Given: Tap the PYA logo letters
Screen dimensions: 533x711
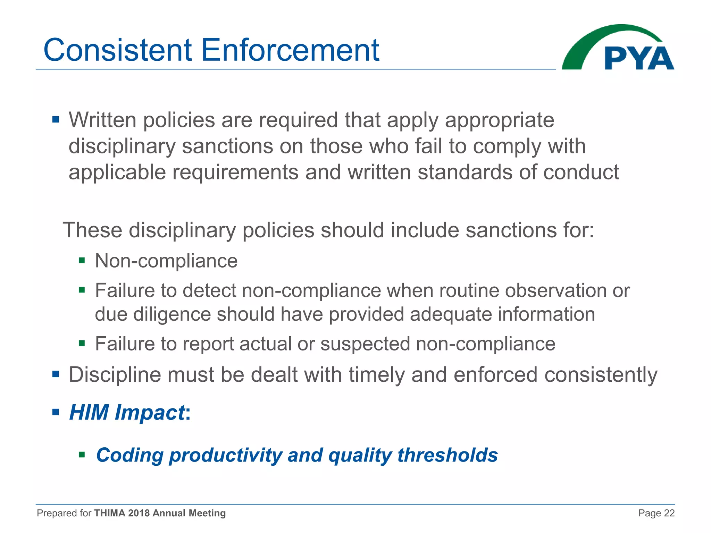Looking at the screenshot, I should [x=639, y=58].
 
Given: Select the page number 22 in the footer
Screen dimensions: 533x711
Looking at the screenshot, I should [x=669, y=513].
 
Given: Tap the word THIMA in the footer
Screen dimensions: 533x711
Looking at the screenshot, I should [x=109, y=513].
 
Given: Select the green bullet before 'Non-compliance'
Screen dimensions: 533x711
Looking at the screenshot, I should [x=82, y=261].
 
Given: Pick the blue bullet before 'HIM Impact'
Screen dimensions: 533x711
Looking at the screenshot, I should [x=56, y=413].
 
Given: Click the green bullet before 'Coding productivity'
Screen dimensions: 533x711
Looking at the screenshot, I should [x=82, y=455].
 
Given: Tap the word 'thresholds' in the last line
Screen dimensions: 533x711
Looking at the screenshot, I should [x=447, y=455].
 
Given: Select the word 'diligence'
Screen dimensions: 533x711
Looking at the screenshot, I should [x=172, y=314].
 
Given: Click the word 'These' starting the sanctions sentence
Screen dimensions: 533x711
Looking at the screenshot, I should [x=92, y=230].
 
